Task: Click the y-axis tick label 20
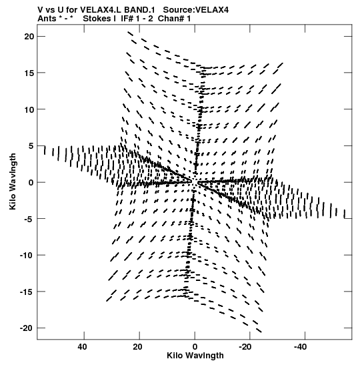point(29,37)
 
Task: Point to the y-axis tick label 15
point(29,73)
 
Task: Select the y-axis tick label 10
point(29,109)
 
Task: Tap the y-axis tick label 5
point(31,146)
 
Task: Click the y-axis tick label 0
point(31,183)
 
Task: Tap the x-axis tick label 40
point(83,347)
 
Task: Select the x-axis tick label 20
point(138,347)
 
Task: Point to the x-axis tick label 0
point(195,347)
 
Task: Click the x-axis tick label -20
point(245,347)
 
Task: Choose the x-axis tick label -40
point(301,347)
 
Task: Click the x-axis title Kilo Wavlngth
point(195,356)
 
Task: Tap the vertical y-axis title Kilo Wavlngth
point(13,181)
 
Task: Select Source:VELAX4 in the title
point(196,10)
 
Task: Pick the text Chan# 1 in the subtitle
point(174,19)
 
